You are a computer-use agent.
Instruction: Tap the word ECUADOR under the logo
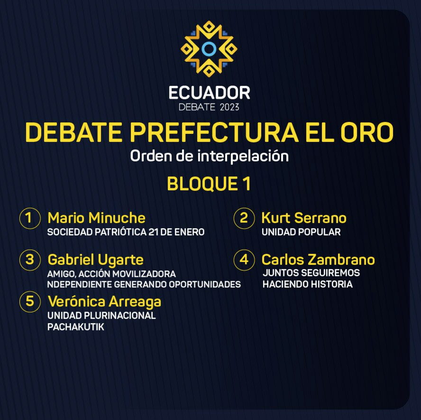[x=209, y=93]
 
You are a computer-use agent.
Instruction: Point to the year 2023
[x=229, y=107]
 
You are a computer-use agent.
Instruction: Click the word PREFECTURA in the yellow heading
[x=214, y=132]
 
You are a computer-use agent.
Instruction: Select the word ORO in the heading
[x=367, y=132]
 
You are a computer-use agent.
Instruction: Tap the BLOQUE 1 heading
[x=209, y=184]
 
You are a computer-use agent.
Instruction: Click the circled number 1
[x=30, y=218]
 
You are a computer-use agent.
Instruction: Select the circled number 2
[x=244, y=218]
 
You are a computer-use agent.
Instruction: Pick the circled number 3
[x=30, y=260]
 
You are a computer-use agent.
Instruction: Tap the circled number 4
[x=244, y=260]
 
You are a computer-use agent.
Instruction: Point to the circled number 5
[x=30, y=301]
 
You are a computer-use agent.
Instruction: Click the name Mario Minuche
[x=96, y=218]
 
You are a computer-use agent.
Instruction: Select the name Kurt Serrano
[x=304, y=218]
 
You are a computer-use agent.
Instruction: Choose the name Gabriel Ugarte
[x=96, y=260]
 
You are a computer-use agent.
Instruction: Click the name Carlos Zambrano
[x=318, y=260]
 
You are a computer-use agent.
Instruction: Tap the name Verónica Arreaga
[x=104, y=302]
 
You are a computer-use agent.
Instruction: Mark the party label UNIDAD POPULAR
[x=301, y=232]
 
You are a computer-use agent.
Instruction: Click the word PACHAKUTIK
[x=76, y=327]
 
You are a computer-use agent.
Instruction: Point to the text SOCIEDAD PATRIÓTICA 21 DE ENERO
[x=126, y=232]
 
